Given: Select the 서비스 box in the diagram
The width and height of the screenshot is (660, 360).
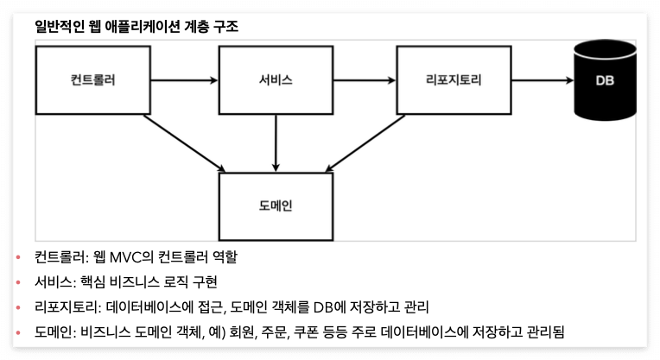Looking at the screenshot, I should point(276,80).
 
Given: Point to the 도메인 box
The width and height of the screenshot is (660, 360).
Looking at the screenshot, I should point(276,206).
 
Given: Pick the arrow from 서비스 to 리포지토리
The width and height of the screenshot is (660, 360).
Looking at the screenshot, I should point(364,81).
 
